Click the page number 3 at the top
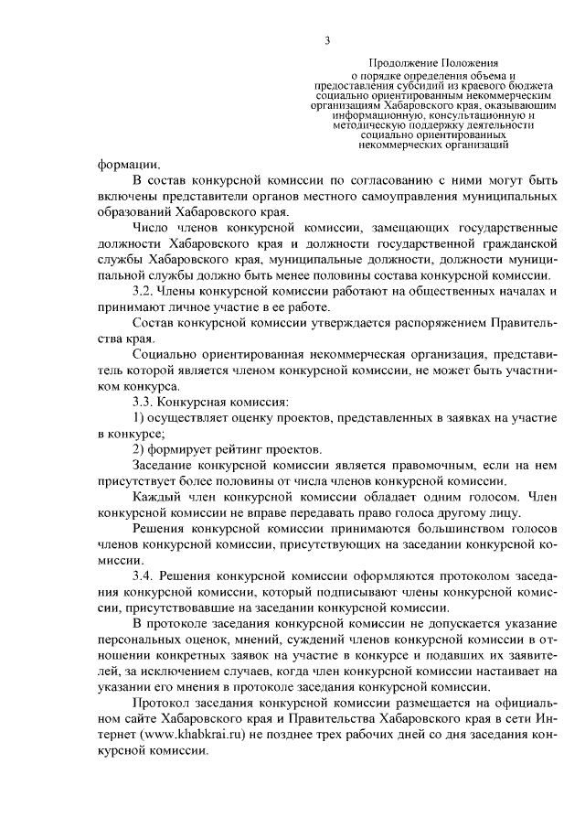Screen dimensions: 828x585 pyautogui.click(x=326, y=39)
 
